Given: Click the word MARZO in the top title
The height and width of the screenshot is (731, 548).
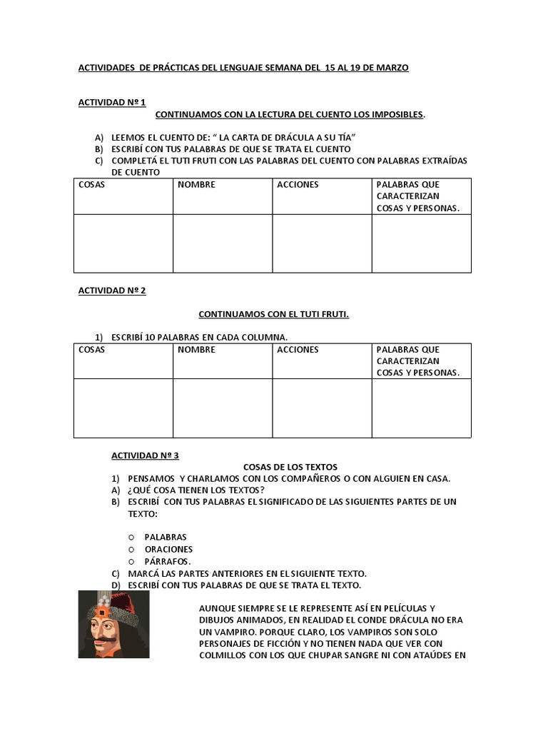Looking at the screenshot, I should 392,68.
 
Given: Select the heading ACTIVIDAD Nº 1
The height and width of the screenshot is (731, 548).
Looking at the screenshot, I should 111,103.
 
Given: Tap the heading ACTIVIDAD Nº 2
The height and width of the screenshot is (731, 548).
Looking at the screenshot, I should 111,291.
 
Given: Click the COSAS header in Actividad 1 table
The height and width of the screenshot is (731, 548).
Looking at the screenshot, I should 91,185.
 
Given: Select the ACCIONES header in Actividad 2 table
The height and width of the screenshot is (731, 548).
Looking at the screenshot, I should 298,350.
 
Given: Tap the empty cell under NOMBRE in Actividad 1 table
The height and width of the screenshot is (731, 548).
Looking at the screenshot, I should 222,243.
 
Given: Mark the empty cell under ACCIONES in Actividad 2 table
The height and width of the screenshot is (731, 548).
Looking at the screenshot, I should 321,408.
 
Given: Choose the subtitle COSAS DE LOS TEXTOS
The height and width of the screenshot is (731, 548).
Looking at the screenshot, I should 280,467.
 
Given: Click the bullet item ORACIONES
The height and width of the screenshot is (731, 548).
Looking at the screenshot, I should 168,550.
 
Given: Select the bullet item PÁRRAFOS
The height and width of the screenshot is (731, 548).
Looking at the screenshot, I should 168,562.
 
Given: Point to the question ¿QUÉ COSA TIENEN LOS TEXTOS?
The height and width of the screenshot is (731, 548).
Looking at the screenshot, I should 196,490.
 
